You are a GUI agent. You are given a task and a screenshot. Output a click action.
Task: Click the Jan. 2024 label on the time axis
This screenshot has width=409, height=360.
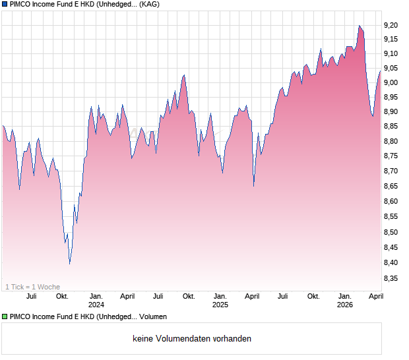pos(96,300)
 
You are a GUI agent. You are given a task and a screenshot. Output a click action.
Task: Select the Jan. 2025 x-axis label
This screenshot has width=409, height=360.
pos(220,300)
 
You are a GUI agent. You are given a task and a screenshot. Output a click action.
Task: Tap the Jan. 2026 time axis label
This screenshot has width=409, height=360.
pos(345,300)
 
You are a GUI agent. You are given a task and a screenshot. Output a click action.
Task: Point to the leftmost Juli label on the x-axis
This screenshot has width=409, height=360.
pos(31,296)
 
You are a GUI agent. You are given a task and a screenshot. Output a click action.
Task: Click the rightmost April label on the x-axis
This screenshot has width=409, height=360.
pos(375,296)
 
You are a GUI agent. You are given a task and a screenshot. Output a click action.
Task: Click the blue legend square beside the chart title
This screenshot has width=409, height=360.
pos(5,4)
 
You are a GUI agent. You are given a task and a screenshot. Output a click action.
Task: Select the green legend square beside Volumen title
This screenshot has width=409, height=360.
pos(5,317)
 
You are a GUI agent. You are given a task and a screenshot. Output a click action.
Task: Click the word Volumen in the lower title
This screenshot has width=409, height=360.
pos(152,317)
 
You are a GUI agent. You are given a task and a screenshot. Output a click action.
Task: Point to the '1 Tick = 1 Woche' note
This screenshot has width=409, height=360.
pos(33,287)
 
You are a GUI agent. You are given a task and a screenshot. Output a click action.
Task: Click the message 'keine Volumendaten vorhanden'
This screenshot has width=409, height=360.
pos(192,339)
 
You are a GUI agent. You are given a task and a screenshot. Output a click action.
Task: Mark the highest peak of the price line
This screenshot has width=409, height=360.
pos(360,26)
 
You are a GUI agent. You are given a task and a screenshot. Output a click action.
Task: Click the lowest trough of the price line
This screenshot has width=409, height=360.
pos(69,264)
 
